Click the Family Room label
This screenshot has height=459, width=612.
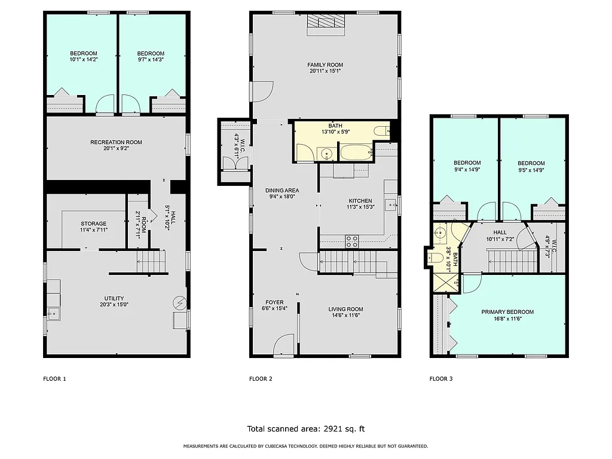325,65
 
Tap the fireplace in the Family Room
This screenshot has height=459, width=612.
326,22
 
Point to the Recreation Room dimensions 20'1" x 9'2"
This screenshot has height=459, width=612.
116,148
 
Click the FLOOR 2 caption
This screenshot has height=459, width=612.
261,378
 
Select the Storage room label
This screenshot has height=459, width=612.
94,224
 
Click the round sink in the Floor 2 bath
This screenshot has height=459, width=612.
327,154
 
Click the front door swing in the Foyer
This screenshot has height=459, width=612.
284,345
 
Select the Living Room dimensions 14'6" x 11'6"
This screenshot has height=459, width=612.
345,316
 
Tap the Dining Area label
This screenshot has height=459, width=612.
280,190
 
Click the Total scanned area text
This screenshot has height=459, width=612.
305,429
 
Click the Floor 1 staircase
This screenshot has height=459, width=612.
151,261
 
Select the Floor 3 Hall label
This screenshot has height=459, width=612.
500,232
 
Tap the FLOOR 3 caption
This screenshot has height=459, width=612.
441,378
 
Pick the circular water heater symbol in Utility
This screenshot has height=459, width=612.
179,303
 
